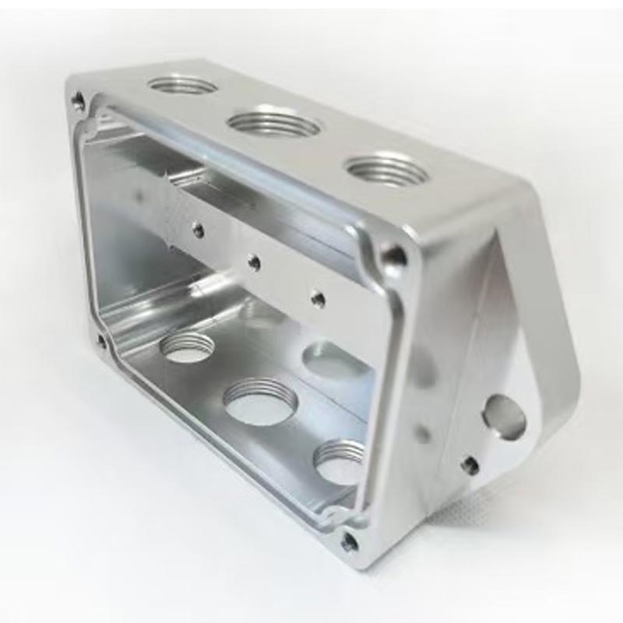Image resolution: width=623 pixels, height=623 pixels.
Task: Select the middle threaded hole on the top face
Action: pyautogui.click(x=274, y=123)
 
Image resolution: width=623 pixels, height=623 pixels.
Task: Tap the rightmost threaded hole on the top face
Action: pyautogui.click(x=385, y=169)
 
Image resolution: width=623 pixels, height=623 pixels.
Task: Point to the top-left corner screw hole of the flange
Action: pyautogui.click(x=78, y=100)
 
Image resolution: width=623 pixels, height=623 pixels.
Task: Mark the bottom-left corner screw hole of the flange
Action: pyautogui.click(x=101, y=340)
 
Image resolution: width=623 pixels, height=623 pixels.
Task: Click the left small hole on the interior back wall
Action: pyautogui.click(x=199, y=231)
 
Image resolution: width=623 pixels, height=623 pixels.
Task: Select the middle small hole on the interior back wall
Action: pyautogui.click(x=254, y=262)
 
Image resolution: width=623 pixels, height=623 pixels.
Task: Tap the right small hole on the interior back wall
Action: pyautogui.click(x=317, y=297)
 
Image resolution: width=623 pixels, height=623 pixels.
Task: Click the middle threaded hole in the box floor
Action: pyautogui.click(x=260, y=402)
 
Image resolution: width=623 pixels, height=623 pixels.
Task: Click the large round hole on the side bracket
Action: pyautogui.click(x=504, y=416)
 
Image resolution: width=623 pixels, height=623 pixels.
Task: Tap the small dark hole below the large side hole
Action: pyautogui.click(x=470, y=466)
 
